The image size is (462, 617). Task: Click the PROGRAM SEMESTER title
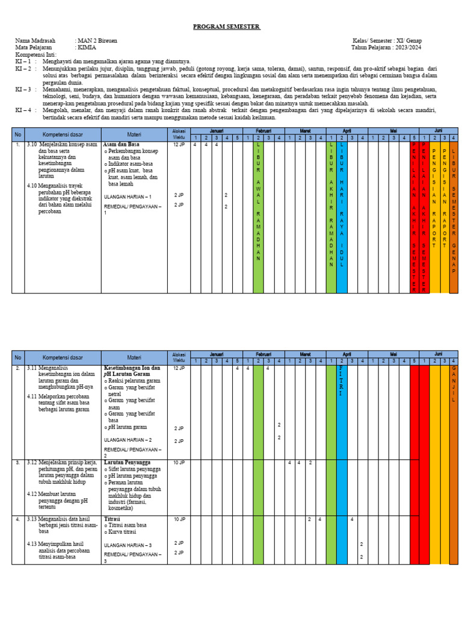pyautogui.click(x=227, y=27)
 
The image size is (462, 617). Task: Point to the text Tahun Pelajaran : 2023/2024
pyautogui.click(x=386, y=48)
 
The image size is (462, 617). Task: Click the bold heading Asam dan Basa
pyautogui.click(x=121, y=145)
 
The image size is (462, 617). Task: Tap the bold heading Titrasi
pyautogui.click(x=112, y=519)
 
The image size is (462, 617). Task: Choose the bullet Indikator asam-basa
pyautogui.click(x=128, y=164)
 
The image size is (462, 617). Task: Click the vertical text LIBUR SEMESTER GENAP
pyautogui.click(x=454, y=216)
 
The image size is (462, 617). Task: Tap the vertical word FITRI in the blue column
pyautogui.click(x=341, y=381)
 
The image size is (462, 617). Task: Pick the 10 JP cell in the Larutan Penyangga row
pyautogui.click(x=179, y=463)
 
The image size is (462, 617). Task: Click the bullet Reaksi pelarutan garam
pyautogui.click(x=134, y=381)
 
